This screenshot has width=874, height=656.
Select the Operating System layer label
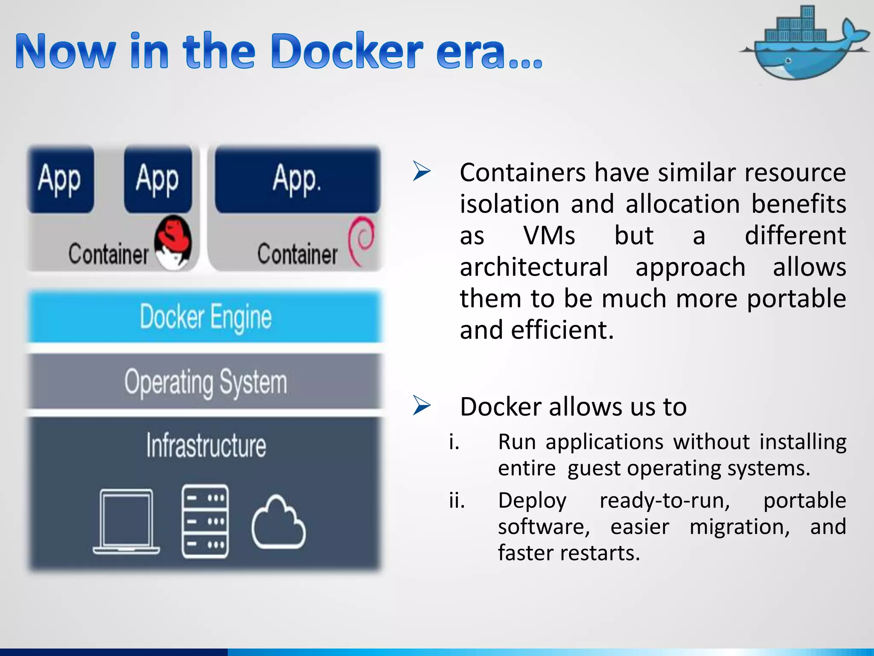[205, 382]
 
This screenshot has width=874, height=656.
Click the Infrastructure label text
[206, 445]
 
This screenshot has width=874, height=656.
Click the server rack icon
[205, 521]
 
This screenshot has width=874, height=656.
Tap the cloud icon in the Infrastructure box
[278, 523]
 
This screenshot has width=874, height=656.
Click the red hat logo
[173, 241]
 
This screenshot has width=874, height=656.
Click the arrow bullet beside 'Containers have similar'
[422, 172]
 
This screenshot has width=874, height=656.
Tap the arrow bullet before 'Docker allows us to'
[422, 406]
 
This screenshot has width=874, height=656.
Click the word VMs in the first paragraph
[549, 235]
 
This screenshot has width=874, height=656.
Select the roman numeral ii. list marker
[456, 500]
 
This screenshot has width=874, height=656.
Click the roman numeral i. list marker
[454, 442]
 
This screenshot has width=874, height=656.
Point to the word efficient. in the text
[562, 330]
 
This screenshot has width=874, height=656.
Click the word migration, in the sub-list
[740, 527]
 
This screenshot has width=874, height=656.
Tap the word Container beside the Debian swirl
[297, 254]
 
